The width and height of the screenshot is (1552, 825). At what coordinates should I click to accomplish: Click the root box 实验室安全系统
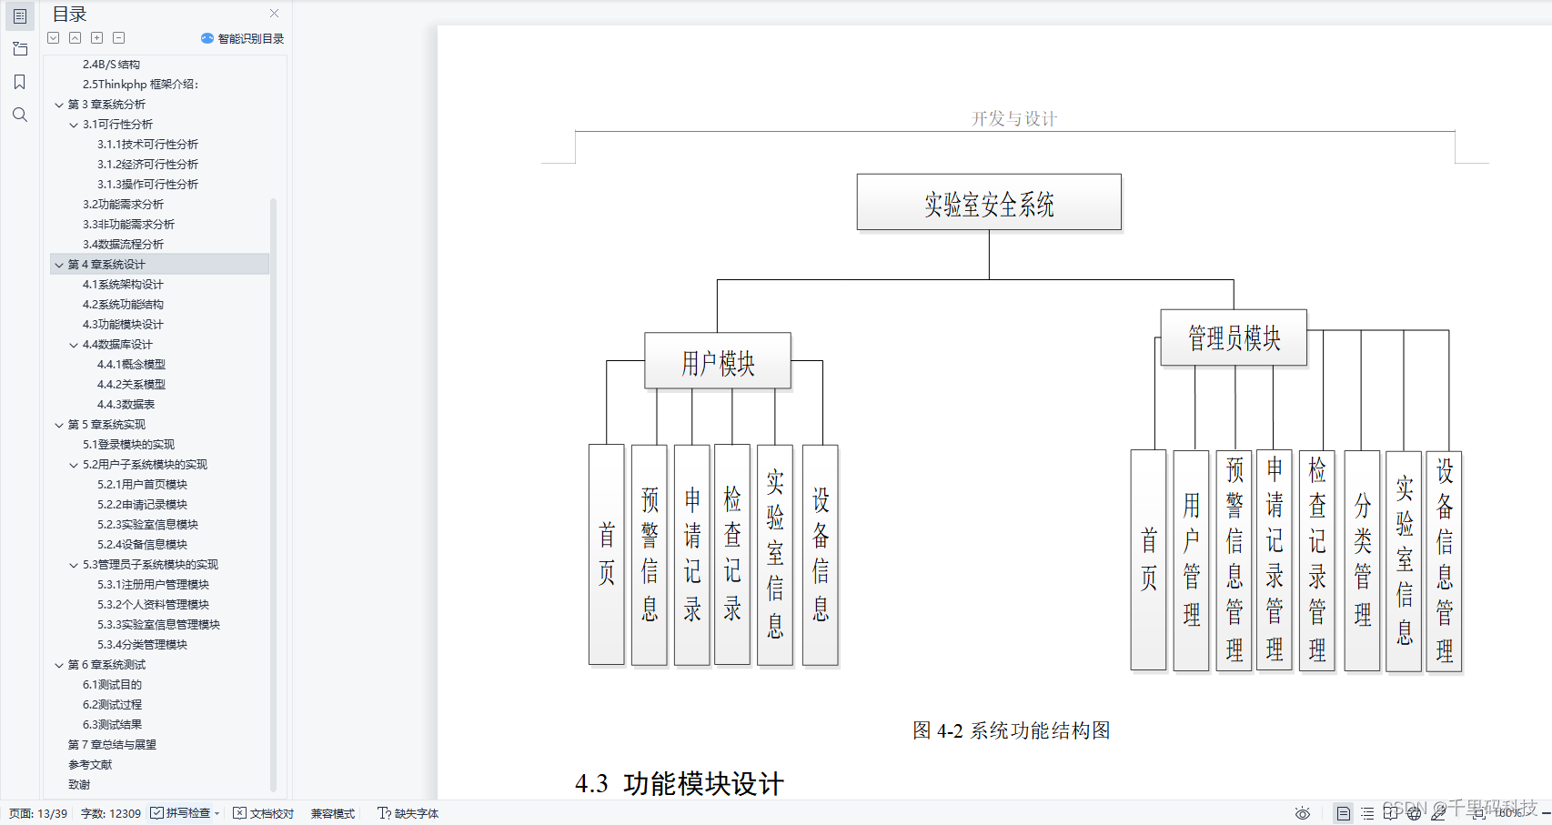989,203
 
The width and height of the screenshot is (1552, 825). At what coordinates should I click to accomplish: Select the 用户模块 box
718,362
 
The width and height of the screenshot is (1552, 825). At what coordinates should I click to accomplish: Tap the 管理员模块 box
1234,337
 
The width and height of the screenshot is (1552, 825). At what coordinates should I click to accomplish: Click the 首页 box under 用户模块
607,554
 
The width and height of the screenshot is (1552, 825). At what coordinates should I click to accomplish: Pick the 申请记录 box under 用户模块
692,554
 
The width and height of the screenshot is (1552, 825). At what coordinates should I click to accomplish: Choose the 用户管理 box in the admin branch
1192,559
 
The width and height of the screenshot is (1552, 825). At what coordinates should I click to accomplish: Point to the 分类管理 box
1362,559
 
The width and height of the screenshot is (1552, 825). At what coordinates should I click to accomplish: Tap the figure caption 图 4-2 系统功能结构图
1011,730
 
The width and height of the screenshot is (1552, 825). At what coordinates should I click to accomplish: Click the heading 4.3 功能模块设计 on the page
680,783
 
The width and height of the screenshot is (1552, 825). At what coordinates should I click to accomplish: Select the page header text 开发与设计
1013,119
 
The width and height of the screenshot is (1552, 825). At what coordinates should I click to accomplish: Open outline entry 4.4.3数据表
126,405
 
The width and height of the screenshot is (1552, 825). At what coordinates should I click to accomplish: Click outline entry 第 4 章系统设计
106,265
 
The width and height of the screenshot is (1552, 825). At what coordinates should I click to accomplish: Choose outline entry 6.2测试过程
112,705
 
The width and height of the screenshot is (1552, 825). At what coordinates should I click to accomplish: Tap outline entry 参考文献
90,765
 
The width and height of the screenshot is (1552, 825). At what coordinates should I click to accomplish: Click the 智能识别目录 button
243,38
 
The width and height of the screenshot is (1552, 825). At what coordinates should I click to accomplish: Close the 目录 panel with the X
274,14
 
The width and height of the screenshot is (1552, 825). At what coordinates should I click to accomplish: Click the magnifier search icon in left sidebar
20,115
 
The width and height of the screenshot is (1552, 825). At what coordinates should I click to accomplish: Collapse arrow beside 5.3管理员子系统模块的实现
74,565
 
